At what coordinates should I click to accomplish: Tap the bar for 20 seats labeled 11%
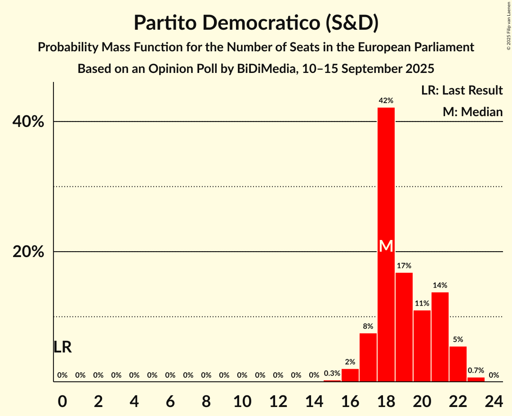(x=422, y=346)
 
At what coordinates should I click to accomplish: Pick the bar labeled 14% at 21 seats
(x=440, y=337)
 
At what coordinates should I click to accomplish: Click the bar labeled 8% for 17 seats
(x=368, y=357)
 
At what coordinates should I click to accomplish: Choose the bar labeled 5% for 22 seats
(x=458, y=364)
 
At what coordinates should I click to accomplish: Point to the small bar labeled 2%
(x=350, y=375)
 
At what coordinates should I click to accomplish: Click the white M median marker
(x=386, y=246)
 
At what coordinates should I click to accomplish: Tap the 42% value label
(x=386, y=101)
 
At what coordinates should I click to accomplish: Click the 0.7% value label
(x=476, y=371)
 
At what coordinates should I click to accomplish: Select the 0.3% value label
(x=332, y=373)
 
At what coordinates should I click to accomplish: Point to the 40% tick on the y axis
(x=28, y=122)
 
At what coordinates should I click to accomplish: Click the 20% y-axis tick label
(x=28, y=252)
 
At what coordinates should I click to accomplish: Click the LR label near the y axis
(x=62, y=347)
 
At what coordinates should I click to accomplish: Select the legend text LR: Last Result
(x=462, y=90)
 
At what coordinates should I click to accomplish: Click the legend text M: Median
(x=472, y=112)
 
